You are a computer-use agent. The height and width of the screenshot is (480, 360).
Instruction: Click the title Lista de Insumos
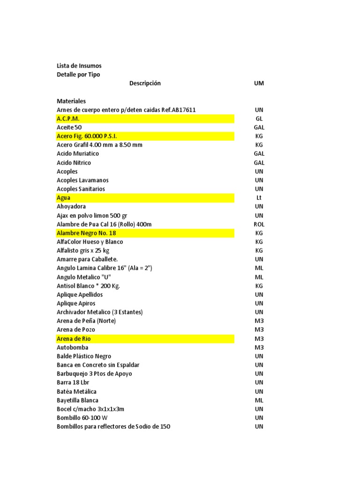click(x=79, y=66)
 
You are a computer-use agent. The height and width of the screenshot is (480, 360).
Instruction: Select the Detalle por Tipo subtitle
click(x=78, y=75)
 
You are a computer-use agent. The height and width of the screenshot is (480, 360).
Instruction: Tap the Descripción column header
click(x=145, y=83)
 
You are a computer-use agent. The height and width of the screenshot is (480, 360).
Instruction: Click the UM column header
click(x=259, y=83)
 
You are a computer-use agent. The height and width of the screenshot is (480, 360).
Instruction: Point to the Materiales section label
click(x=71, y=101)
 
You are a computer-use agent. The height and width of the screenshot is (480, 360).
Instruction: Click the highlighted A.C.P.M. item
click(x=68, y=119)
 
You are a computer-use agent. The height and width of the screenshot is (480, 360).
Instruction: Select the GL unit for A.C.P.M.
click(x=259, y=119)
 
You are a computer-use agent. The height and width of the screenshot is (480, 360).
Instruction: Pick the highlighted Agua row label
click(x=64, y=198)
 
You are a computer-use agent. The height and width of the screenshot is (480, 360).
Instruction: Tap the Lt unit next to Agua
click(x=259, y=198)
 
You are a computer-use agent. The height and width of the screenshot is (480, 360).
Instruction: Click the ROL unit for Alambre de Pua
click(x=259, y=224)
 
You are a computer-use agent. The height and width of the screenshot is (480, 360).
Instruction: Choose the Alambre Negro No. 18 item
click(x=86, y=233)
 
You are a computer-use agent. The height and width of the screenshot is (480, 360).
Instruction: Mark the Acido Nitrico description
click(x=74, y=163)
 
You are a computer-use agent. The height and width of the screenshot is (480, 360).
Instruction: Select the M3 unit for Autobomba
click(x=259, y=347)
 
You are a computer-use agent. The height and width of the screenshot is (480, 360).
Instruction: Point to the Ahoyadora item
click(x=71, y=206)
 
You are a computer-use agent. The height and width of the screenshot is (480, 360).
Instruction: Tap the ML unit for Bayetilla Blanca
click(x=259, y=400)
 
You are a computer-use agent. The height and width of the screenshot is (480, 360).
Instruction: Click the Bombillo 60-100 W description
click(x=82, y=418)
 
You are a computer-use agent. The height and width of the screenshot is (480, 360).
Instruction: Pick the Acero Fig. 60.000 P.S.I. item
click(x=87, y=136)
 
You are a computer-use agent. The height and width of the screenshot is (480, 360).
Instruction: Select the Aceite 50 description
click(x=69, y=127)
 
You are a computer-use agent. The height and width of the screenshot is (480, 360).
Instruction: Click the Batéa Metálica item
click(x=77, y=391)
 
